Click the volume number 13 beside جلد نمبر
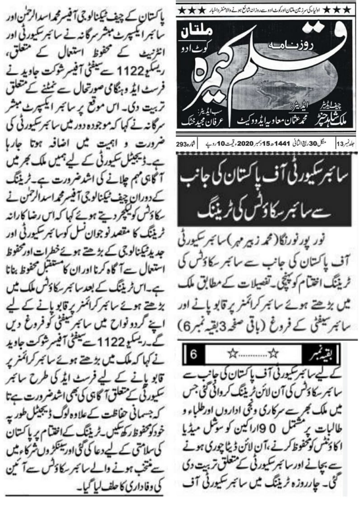click(340, 144)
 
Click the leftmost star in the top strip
click(181, 9)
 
